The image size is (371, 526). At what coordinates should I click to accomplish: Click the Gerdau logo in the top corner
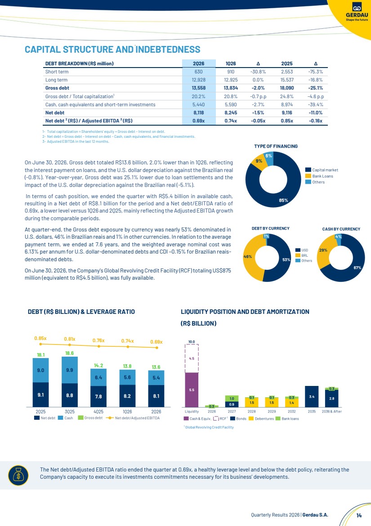[x=357, y=12]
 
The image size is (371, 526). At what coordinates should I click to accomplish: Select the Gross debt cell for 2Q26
[x=199, y=88]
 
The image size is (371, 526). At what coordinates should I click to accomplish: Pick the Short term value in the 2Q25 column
[x=286, y=72]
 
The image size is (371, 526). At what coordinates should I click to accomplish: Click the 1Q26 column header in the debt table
[x=231, y=63]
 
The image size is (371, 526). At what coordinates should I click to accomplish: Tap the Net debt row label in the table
[x=55, y=113]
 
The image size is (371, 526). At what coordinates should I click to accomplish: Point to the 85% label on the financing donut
[x=284, y=200]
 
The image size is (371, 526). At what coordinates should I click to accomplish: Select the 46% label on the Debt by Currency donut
[x=247, y=257]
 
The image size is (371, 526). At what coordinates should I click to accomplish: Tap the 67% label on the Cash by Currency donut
[x=357, y=268]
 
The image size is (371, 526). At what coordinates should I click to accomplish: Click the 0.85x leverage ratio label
[x=40, y=339]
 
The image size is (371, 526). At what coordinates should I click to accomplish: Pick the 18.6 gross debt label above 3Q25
[x=69, y=353]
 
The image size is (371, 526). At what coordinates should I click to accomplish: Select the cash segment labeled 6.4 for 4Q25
[x=98, y=377]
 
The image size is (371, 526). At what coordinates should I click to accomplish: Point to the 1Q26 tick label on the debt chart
[x=127, y=412]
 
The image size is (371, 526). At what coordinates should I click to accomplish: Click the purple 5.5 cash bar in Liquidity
[x=192, y=390]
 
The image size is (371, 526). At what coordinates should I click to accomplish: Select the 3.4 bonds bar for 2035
[x=312, y=396]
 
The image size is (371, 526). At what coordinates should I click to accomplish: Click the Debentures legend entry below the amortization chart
[x=261, y=419]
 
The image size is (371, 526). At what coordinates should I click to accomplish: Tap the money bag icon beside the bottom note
[x=18, y=476]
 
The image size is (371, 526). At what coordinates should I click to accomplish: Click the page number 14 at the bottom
[x=359, y=515]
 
